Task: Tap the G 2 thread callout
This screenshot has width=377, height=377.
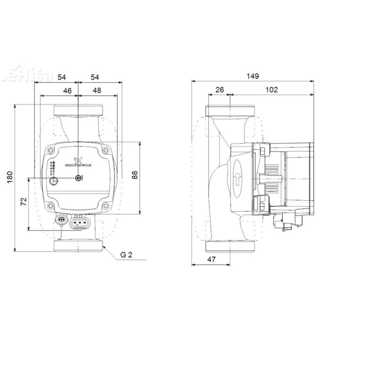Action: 126,255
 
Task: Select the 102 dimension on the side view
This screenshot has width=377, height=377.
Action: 271,90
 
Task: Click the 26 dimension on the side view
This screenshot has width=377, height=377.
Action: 220,90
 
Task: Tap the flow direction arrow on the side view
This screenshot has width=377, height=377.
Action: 238,178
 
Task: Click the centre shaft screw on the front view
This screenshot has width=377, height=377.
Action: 78,178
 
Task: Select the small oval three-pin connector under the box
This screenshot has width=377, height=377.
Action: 60,219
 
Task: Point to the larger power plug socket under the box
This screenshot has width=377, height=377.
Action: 80,221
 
